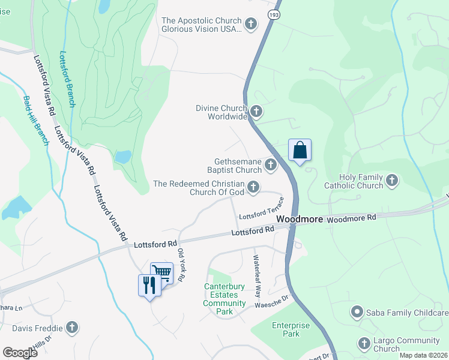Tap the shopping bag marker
coord(300,150)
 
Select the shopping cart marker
coord(161,274)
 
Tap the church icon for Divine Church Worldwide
coord(256,112)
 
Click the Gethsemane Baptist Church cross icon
coord(271,164)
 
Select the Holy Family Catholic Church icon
coord(392,180)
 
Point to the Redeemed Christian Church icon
coord(254,187)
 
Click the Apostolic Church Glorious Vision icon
coord(252,24)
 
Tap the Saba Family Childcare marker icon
coord(357,312)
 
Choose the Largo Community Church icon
coord(364,343)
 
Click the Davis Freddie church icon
coord(72,328)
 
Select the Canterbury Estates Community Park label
coord(224,295)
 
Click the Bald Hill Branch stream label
coord(35,121)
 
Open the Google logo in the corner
coord(20,353)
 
